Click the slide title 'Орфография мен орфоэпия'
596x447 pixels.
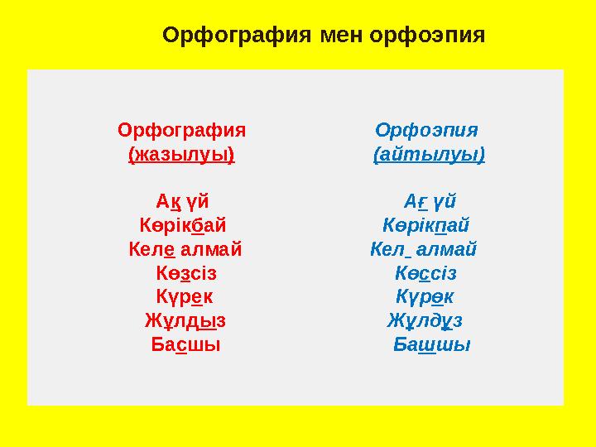coord(324,36)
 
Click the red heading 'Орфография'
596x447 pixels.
coord(182,131)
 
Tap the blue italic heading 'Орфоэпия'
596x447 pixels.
coord(426,131)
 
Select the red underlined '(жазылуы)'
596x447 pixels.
coord(182,155)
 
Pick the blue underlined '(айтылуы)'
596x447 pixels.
coord(429,155)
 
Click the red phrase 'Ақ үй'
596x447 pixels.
coord(182,201)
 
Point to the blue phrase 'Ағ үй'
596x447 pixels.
coord(429,201)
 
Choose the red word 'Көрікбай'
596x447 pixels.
coord(182,225)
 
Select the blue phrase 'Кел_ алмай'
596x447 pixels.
coord(423,248)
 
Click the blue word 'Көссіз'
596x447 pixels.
coord(426,272)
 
